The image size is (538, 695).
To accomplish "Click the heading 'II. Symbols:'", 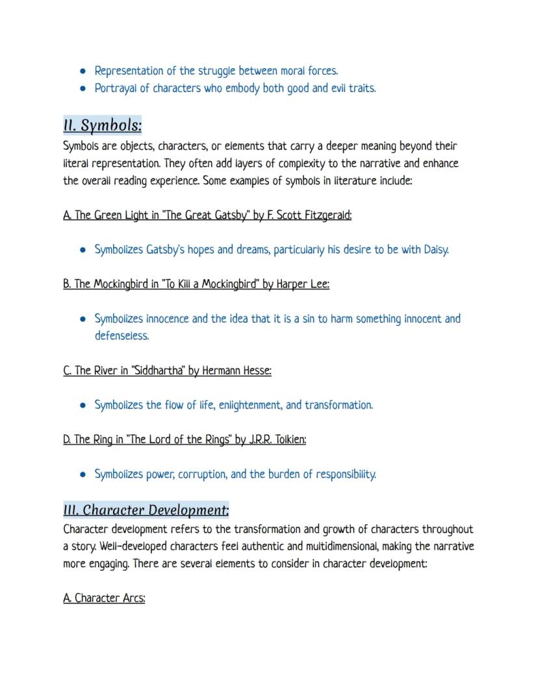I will (x=102, y=124).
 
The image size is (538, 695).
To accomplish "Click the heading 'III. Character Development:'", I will (x=146, y=509).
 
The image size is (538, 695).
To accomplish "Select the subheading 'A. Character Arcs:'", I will (x=104, y=598).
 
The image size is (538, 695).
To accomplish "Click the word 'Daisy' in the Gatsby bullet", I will (x=435, y=249).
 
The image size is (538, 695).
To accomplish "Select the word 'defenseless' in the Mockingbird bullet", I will (x=122, y=336).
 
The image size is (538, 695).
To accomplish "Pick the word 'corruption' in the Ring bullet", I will (x=194, y=474).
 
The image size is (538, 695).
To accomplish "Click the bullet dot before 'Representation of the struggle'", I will (x=83, y=71).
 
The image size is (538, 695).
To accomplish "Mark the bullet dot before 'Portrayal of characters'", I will (x=83, y=88).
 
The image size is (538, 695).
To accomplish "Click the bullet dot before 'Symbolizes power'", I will (x=83, y=474).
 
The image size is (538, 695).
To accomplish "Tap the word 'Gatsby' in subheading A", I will (x=232, y=215).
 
